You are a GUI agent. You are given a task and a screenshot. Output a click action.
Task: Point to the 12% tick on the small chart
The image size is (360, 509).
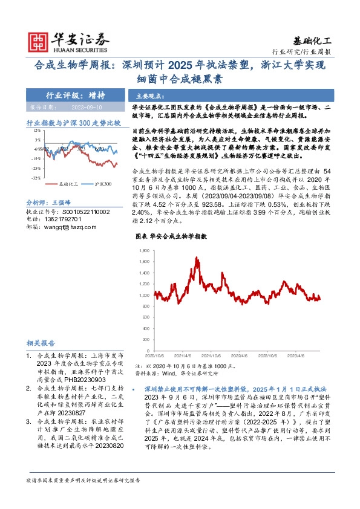pyautogui.click(x=37, y=130)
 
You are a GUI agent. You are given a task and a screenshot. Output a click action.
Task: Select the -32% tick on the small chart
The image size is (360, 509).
pyautogui.click(x=36, y=178)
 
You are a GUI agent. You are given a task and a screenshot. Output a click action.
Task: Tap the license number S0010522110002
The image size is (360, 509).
pyautogui.click(x=85, y=212)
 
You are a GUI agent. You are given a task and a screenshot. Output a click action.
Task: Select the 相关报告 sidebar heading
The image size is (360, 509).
pyautogui.click(x=41, y=342)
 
